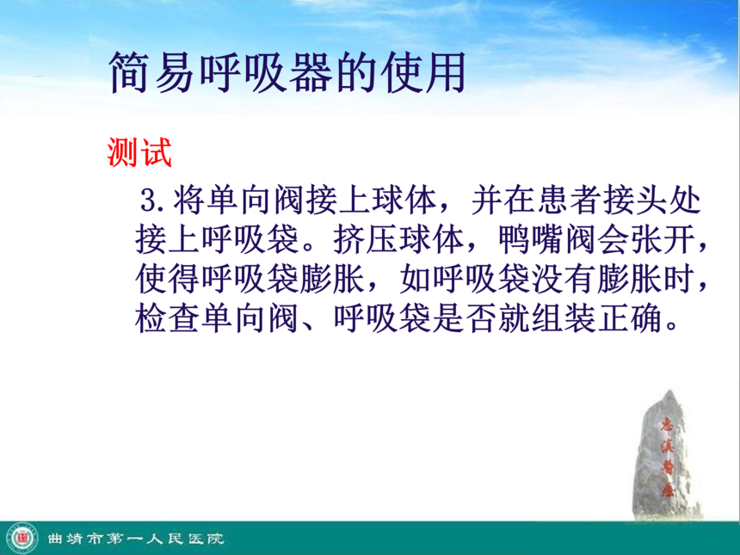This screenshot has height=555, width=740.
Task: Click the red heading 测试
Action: [139, 152]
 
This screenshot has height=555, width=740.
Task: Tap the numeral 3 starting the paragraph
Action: [149, 200]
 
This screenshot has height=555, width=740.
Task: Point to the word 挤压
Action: [366, 240]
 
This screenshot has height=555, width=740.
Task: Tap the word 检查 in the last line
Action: [168, 318]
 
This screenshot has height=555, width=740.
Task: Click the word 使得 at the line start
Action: [168, 280]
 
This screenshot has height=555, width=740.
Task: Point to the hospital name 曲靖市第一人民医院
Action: [135, 539]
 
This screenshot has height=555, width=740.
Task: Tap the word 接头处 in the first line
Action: [652, 200]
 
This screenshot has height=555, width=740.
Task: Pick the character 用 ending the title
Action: [445, 73]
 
